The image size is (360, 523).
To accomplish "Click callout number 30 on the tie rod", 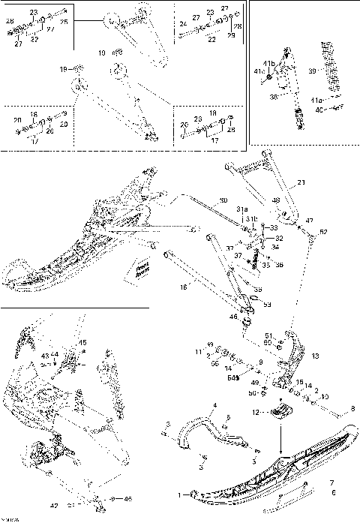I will (223, 201).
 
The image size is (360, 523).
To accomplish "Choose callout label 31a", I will (242, 209).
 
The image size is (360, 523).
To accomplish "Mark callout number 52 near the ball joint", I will (324, 232).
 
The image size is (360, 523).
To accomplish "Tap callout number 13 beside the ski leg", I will (315, 356).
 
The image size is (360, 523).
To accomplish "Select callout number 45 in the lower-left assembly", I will (83, 343).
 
